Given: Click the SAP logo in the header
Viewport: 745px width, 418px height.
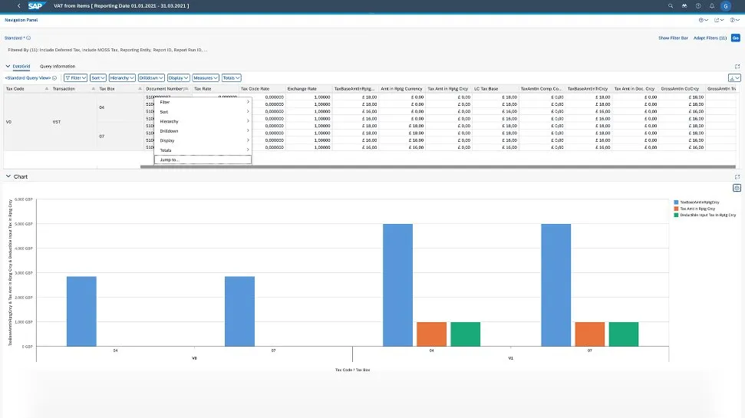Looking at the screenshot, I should point(36,5).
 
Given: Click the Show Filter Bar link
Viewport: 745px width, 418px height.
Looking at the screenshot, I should point(673,38).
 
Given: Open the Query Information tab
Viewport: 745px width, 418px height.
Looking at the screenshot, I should point(58,66).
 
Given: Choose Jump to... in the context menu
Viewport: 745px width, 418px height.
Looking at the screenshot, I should point(169,160).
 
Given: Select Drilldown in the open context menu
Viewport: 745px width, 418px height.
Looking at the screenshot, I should point(170,131).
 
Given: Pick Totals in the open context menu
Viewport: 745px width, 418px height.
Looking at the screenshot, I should point(166,150).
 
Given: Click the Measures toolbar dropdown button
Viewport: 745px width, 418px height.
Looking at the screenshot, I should point(205,77).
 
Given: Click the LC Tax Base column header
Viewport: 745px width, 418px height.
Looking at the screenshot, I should point(486,89).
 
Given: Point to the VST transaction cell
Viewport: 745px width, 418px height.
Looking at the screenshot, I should point(56,121).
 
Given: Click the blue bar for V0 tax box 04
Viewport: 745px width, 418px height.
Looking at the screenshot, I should point(81,311).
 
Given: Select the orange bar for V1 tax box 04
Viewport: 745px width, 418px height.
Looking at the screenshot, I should point(431,334).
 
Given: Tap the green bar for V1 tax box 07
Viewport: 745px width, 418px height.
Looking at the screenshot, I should point(623,334).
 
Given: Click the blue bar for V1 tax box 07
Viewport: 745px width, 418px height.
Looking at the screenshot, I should point(555,285).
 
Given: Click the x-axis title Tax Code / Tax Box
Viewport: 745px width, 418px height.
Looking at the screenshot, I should point(353,370).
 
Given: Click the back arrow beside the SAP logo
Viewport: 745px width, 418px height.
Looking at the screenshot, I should point(18,5).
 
